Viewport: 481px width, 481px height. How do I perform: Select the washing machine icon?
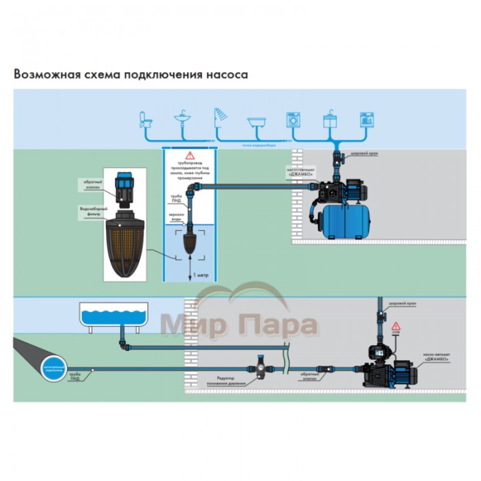[294, 118]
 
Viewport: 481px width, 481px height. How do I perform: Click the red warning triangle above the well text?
[190, 157]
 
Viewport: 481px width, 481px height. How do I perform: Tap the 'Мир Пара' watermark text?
[240, 325]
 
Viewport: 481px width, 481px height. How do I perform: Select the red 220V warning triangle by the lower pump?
[395, 324]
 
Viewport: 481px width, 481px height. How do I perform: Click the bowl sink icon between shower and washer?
[257, 122]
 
